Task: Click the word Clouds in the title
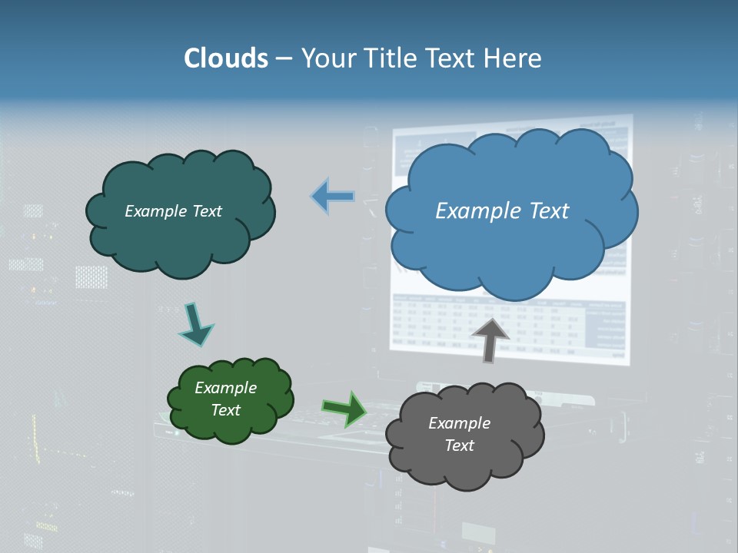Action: click(225, 58)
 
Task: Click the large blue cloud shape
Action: click(510, 230)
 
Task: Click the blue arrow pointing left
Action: click(333, 197)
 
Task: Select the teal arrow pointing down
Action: click(195, 324)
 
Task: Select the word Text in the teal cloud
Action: click(207, 211)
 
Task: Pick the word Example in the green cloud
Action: click(226, 388)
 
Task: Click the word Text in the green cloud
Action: click(226, 410)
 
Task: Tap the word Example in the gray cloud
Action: click(459, 423)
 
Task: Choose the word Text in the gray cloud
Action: click(459, 445)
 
